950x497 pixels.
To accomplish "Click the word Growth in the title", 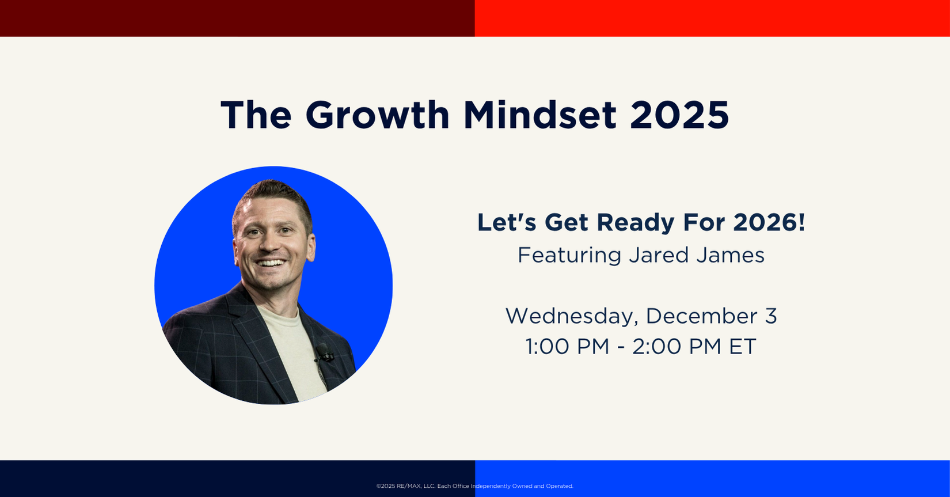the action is point(377,115).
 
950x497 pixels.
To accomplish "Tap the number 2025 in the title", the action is point(679,115).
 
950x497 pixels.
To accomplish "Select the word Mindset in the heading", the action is point(540,115).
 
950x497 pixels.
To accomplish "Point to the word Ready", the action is point(636,223).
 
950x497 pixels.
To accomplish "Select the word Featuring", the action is point(569,256).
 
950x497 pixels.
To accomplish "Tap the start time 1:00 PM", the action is point(567,346).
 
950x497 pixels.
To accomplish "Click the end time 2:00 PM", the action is point(677,346).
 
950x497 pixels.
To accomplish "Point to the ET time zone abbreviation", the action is point(743,346).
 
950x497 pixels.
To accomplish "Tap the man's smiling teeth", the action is point(271,263).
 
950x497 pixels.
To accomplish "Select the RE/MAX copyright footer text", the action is point(475,486).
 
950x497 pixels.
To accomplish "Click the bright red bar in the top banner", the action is point(713,18).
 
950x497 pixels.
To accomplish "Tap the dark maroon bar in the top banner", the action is point(237,18).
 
